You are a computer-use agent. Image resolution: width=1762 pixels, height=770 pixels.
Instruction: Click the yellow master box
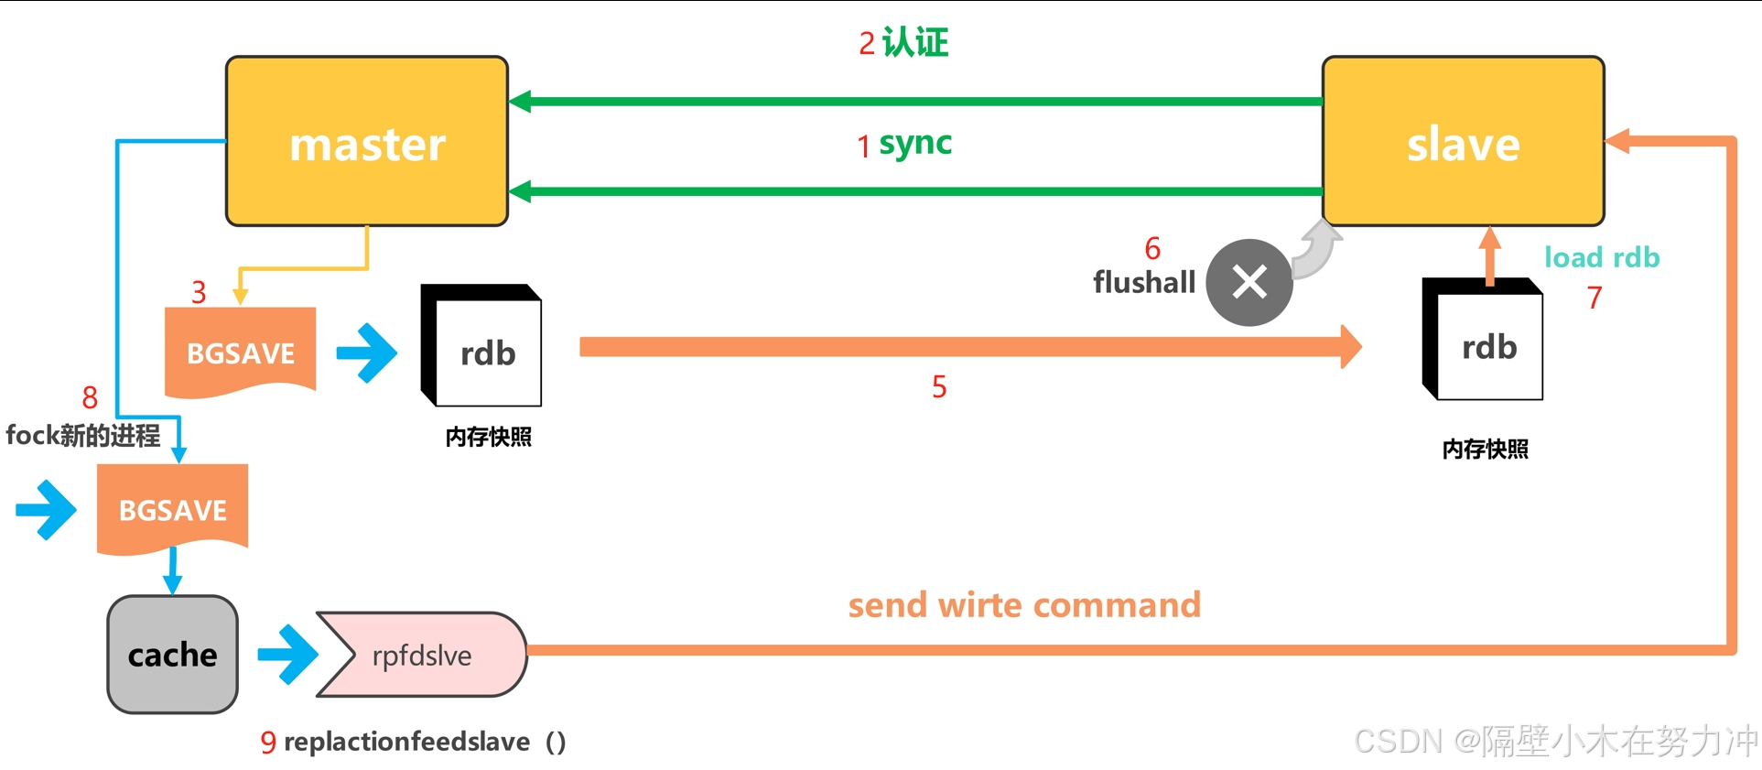point(367,141)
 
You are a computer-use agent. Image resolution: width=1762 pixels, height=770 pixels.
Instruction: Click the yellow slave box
point(1463,141)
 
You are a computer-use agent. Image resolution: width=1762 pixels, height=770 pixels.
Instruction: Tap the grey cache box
point(173,655)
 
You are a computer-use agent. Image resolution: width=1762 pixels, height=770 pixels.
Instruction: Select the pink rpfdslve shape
point(422,655)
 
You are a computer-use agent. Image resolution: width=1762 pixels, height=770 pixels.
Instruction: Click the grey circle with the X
point(1249,282)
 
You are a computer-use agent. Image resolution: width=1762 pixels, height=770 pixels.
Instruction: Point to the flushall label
point(1144,282)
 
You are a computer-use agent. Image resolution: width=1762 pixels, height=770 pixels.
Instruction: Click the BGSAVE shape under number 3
point(240,352)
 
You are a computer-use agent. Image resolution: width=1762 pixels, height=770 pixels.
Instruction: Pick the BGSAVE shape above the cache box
point(173,509)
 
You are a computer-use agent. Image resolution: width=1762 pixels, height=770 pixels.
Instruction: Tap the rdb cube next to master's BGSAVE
point(481,345)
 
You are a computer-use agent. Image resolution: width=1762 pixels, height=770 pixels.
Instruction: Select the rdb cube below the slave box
point(1483,339)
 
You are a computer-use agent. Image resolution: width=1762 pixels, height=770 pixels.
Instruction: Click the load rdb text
point(1602,257)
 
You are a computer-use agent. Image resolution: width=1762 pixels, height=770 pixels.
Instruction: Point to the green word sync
point(915,144)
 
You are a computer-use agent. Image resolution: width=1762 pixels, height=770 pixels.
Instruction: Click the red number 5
point(939,386)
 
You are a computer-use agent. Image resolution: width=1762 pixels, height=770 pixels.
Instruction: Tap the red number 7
point(1594,298)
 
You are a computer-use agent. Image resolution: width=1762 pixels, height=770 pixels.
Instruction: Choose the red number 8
point(90,397)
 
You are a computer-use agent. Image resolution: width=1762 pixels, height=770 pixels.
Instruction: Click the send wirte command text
point(1024,605)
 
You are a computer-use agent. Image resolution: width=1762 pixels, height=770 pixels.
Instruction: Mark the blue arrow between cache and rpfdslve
point(287,655)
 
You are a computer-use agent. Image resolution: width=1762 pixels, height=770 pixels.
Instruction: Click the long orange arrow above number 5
point(971,346)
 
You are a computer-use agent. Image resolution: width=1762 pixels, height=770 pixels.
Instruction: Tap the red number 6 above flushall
point(1152,248)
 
